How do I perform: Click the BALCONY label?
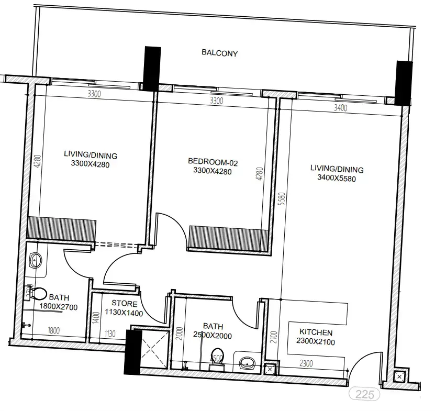(x=220, y=53)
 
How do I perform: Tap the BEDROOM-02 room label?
(x=213, y=161)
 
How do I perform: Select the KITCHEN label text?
(x=316, y=332)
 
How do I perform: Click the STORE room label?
(x=125, y=304)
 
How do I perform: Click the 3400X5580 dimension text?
(x=337, y=178)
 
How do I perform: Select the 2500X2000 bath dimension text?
(x=212, y=335)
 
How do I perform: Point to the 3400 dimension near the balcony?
(x=340, y=108)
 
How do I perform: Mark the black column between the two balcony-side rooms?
(x=152, y=69)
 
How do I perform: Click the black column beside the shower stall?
(x=132, y=352)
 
